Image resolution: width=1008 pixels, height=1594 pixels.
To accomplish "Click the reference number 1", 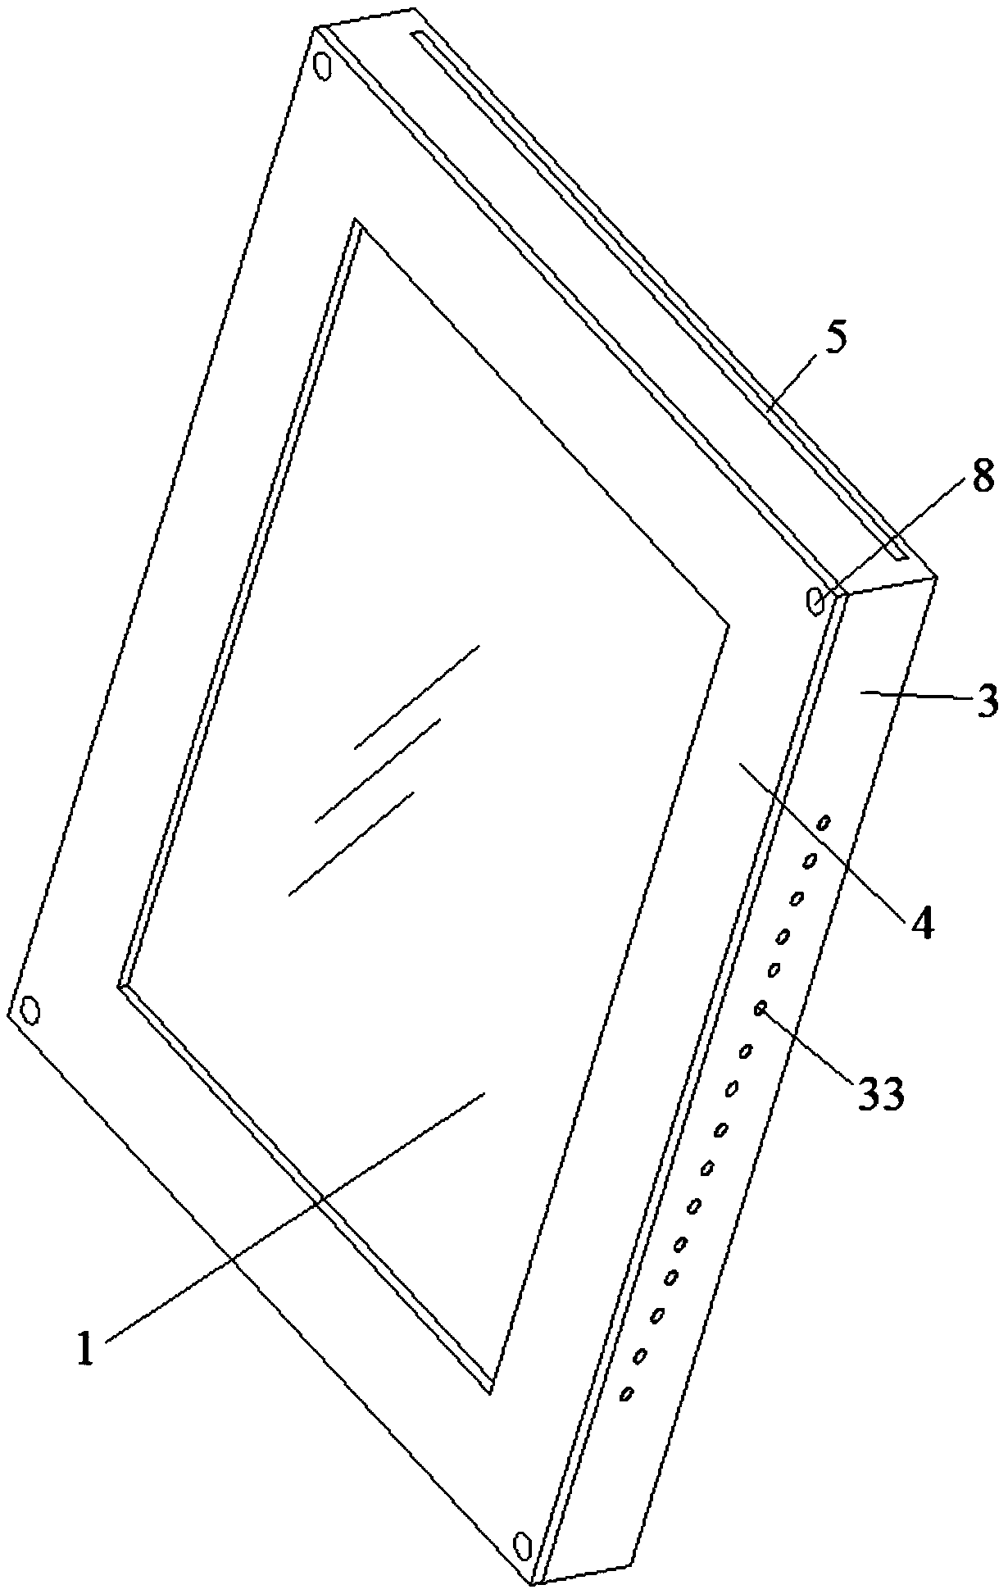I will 87,1349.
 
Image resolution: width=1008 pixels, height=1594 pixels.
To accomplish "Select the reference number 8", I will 982,476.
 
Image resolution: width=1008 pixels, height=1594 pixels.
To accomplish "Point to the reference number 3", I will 988,702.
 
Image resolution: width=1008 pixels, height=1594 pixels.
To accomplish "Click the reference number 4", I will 921,924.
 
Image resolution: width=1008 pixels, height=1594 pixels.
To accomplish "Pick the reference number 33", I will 881,1092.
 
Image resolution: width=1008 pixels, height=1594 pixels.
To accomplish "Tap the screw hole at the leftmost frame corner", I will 30,1010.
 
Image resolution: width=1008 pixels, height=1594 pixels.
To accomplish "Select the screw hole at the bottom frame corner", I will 521,1546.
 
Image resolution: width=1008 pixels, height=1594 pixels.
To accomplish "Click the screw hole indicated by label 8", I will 815,601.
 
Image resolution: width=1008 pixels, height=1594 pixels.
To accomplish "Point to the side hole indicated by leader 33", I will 761,1006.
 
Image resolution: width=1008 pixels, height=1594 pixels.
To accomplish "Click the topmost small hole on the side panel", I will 824,821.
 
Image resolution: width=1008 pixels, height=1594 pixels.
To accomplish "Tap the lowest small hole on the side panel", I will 627,1393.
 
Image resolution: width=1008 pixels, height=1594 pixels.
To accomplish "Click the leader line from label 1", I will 295,1220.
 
